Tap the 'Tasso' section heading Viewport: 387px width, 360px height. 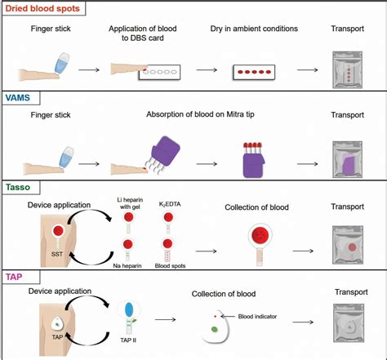pos(21,188)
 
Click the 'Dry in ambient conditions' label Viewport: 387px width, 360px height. pos(251,29)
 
